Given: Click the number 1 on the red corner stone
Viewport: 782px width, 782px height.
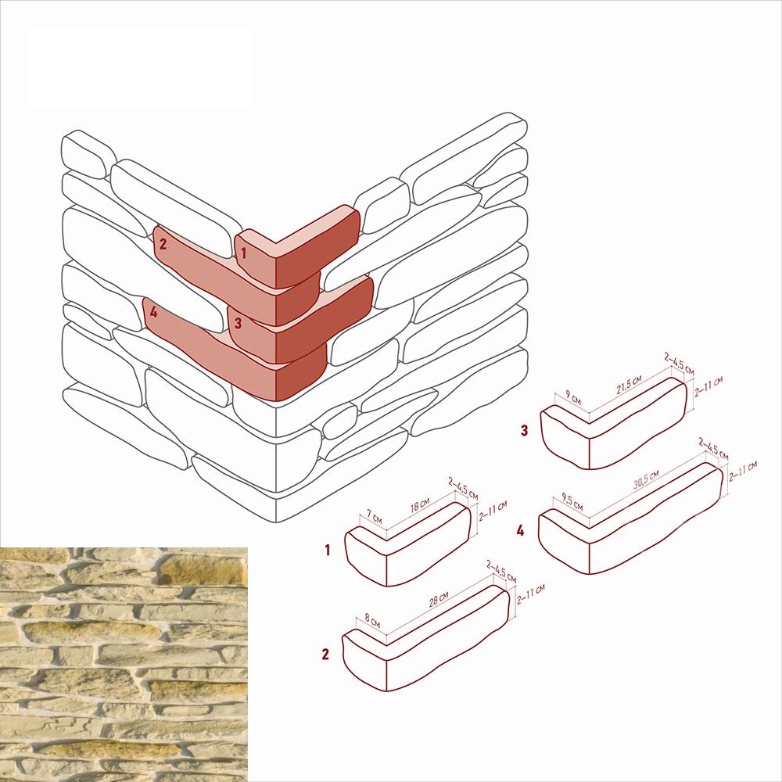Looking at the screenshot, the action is pyautogui.click(x=243, y=253).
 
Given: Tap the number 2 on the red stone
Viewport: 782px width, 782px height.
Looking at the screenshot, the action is pyautogui.click(x=163, y=244).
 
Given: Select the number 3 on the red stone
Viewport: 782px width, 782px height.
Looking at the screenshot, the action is pyautogui.click(x=238, y=323).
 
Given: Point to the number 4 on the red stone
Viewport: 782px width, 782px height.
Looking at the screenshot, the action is pyautogui.click(x=153, y=312).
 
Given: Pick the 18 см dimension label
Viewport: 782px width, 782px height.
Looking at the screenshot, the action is pyautogui.click(x=420, y=505).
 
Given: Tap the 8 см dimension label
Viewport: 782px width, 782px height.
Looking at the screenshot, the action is pyautogui.click(x=372, y=621).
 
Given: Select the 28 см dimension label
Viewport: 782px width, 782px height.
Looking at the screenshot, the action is pyautogui.click(x=439, y=598).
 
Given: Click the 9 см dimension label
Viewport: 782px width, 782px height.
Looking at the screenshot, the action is pyautogui.click(x=573, y=398).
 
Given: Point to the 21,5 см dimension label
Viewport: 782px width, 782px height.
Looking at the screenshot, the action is pyautogui.click(x=629, y=385).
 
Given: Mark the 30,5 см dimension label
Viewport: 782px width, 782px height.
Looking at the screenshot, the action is pyautogui.click(x=647, y=479).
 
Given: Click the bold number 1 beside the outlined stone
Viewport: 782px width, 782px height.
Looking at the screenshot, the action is pyautogui.click(x=327, y=550).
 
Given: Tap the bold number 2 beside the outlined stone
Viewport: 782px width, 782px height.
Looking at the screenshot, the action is pyautogui.click(x=325, y=655).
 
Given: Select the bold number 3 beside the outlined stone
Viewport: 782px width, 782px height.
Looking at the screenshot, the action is pyautogui.click(x=524, y=430).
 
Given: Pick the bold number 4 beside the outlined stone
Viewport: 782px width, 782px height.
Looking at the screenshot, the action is pyautogui.click(x=521, y=531).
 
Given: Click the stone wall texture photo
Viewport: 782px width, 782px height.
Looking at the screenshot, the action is pyautogui.click(x=124, y=664).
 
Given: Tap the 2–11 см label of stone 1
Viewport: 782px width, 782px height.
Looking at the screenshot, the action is pyautogui.click(x=493, y=511).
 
